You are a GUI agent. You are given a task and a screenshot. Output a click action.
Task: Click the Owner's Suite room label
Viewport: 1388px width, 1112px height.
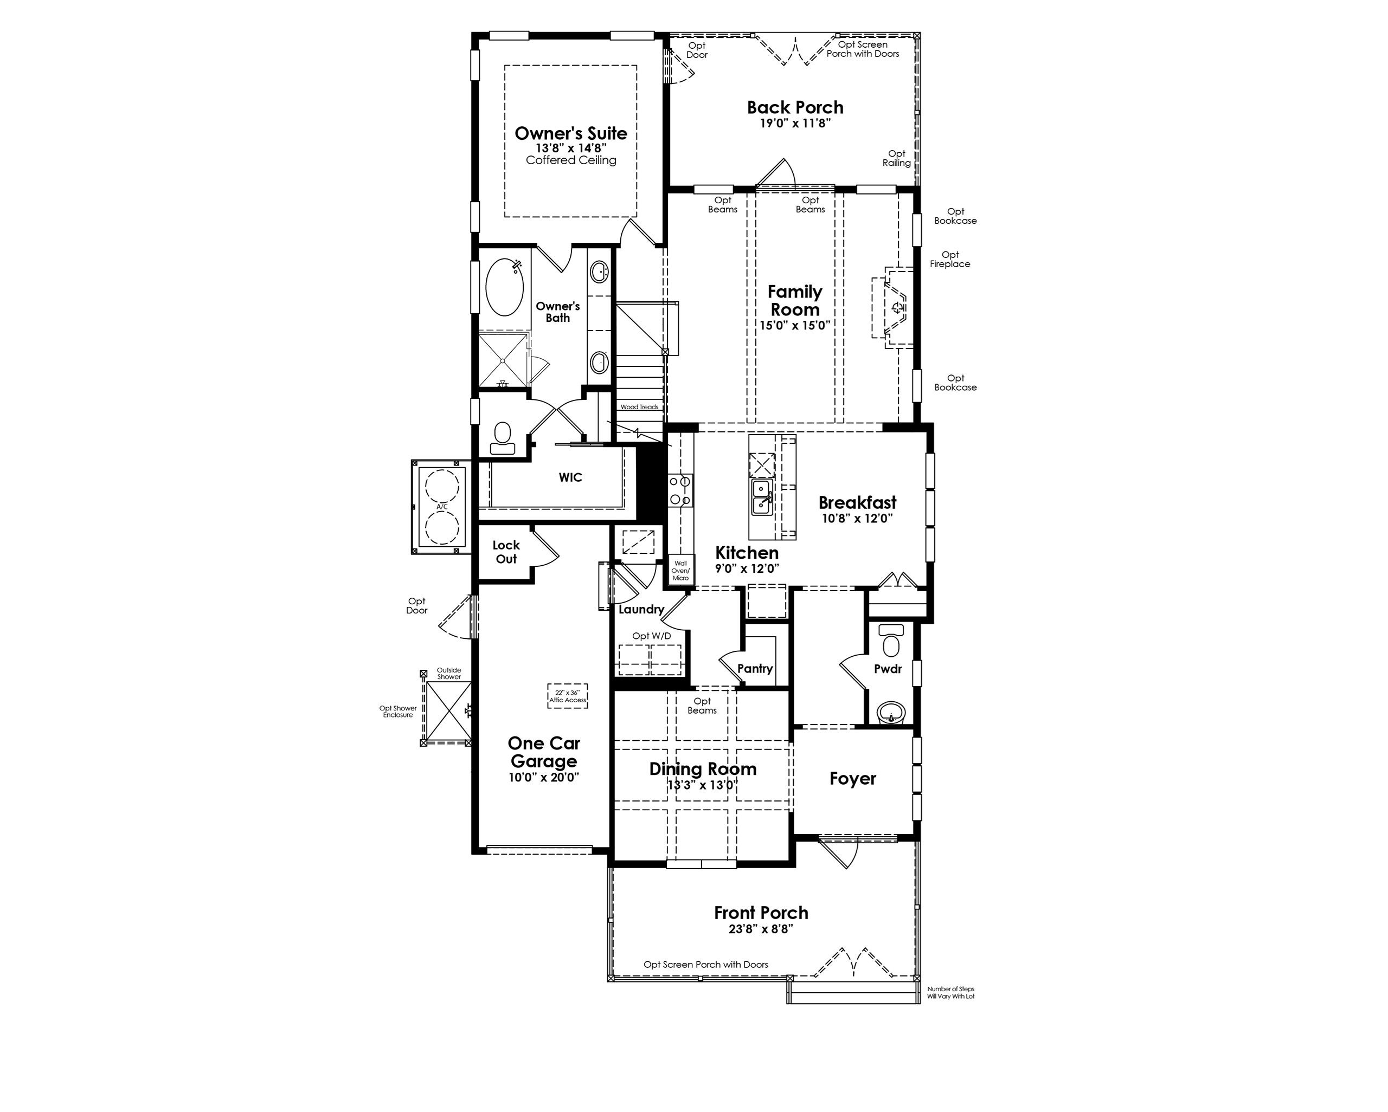click(x=570, y=134)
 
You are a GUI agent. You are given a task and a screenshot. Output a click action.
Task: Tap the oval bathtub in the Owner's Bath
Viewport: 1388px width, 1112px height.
click(x=504, y=287)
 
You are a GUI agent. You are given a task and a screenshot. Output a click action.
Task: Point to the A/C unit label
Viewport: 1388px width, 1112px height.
click(x=442, y=507)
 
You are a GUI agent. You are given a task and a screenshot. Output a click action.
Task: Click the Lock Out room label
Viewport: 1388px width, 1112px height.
click(x=506, y=552)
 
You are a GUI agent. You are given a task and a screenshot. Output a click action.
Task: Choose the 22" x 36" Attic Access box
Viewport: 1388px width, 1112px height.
click(x=567, y=696)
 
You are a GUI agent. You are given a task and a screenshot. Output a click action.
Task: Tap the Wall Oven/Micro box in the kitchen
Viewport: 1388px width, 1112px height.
click(x=680, y=571)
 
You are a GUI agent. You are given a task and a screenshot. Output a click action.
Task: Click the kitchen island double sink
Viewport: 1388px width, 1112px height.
click(x=762, y=497)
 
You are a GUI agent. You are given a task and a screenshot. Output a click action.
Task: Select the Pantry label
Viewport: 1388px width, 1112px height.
click(x=755, y=669)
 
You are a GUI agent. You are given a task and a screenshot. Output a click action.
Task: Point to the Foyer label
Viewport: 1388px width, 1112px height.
click(x=852, y=779)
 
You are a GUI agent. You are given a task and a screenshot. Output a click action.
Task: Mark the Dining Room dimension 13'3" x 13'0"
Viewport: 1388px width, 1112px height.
click(x=702, y=785)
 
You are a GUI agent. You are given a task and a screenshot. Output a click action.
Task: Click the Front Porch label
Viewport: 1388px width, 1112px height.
click(x=761, y=913)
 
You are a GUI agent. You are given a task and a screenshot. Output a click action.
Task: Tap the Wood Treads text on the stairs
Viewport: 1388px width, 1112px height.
click(x=639, y=406)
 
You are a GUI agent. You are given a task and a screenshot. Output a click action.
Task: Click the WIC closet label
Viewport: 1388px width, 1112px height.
click(x=570, y=477)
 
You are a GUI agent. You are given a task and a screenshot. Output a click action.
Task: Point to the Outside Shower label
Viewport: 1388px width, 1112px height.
click(x=449, y=673)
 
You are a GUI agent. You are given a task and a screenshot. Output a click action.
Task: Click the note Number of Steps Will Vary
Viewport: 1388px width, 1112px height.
click(x=950, y=992)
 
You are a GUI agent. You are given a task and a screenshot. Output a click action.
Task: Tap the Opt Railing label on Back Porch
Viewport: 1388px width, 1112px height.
click(x=896, y=158)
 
